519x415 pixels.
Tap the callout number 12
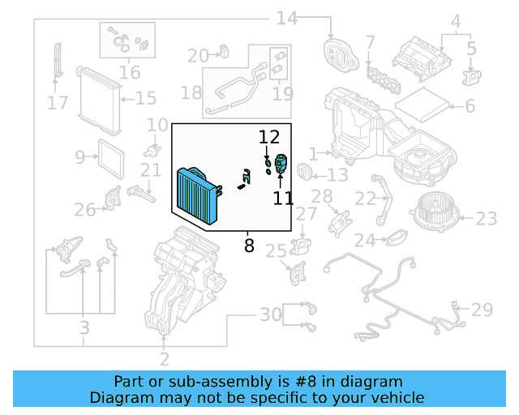(x=268, y=137)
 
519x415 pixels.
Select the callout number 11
(x=283, y=197)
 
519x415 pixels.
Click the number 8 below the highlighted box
(x=249, y=243)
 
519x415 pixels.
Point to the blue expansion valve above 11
(x=281, y=163)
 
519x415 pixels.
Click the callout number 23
(x=487, y=218)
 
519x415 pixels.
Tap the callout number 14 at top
(x=287, y=18)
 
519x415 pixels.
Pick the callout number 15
(x=146, y=99)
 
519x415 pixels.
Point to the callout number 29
(x=483, y=310)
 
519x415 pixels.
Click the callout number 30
(x=270, y=314)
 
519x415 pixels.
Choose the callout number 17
(x=57, y=103)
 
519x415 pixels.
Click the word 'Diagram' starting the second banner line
(x=121, y=397)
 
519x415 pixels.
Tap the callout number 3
(x=84, y=328)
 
